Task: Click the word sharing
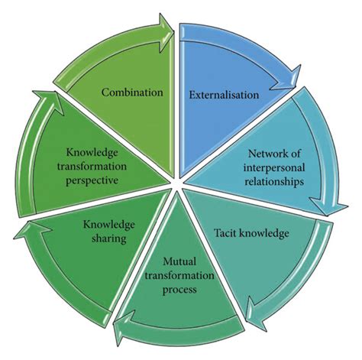coord(111,238)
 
